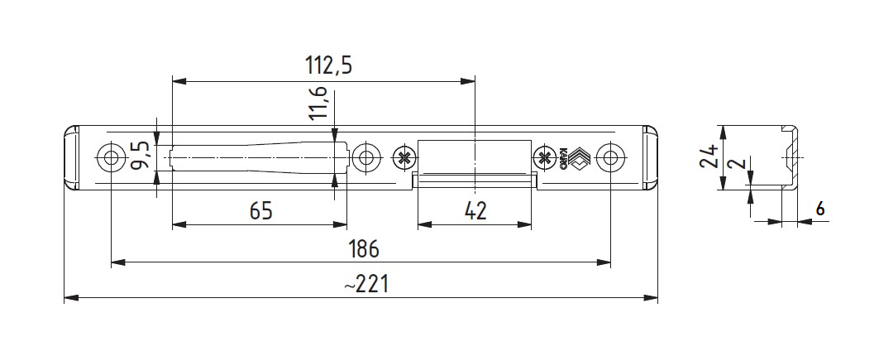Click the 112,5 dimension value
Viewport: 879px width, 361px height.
coord(328,66)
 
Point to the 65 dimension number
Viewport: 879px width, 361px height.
coord(260,211)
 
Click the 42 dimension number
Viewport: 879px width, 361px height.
coord(474,211)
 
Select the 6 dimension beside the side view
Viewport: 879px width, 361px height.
coord(819,209)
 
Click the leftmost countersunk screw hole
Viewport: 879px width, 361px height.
coord(111,157)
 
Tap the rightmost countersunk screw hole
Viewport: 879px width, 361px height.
coord(610,157)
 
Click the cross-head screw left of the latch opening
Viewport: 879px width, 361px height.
coord(404,157)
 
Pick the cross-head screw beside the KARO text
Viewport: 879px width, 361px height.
coord(543,157)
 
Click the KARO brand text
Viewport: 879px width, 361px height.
coord(561,158)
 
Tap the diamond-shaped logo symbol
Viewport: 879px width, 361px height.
coord(577,157)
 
